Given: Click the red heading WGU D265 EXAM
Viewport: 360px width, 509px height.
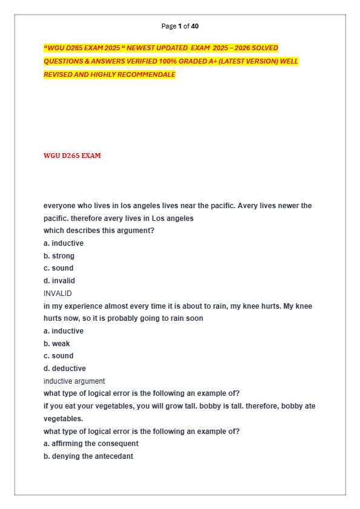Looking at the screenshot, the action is pyautogui.click(x=72, y=156).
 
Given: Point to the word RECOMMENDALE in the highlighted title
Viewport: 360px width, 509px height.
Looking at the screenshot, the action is pyautogui.click(x=145, y=74).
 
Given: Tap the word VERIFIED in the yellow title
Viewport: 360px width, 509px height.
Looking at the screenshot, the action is pyautogui.click(x=131, y=61).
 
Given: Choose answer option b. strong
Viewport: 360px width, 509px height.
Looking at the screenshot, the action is pyautogui.click(x=59, y=256).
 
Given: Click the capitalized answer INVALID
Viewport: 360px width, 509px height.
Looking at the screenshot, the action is pyautogui.click(x=57, y=294).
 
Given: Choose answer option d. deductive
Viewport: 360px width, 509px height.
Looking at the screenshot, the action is pyautogui.click(x=64, y=369).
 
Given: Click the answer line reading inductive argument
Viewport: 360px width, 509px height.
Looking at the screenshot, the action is pyautogui.click(x=74, y=381).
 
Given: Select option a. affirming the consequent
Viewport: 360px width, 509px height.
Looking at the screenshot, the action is pyautogui.click(x=91, y=444).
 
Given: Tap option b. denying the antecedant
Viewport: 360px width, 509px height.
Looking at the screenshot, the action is pyautogui.click(x=88, y=456).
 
